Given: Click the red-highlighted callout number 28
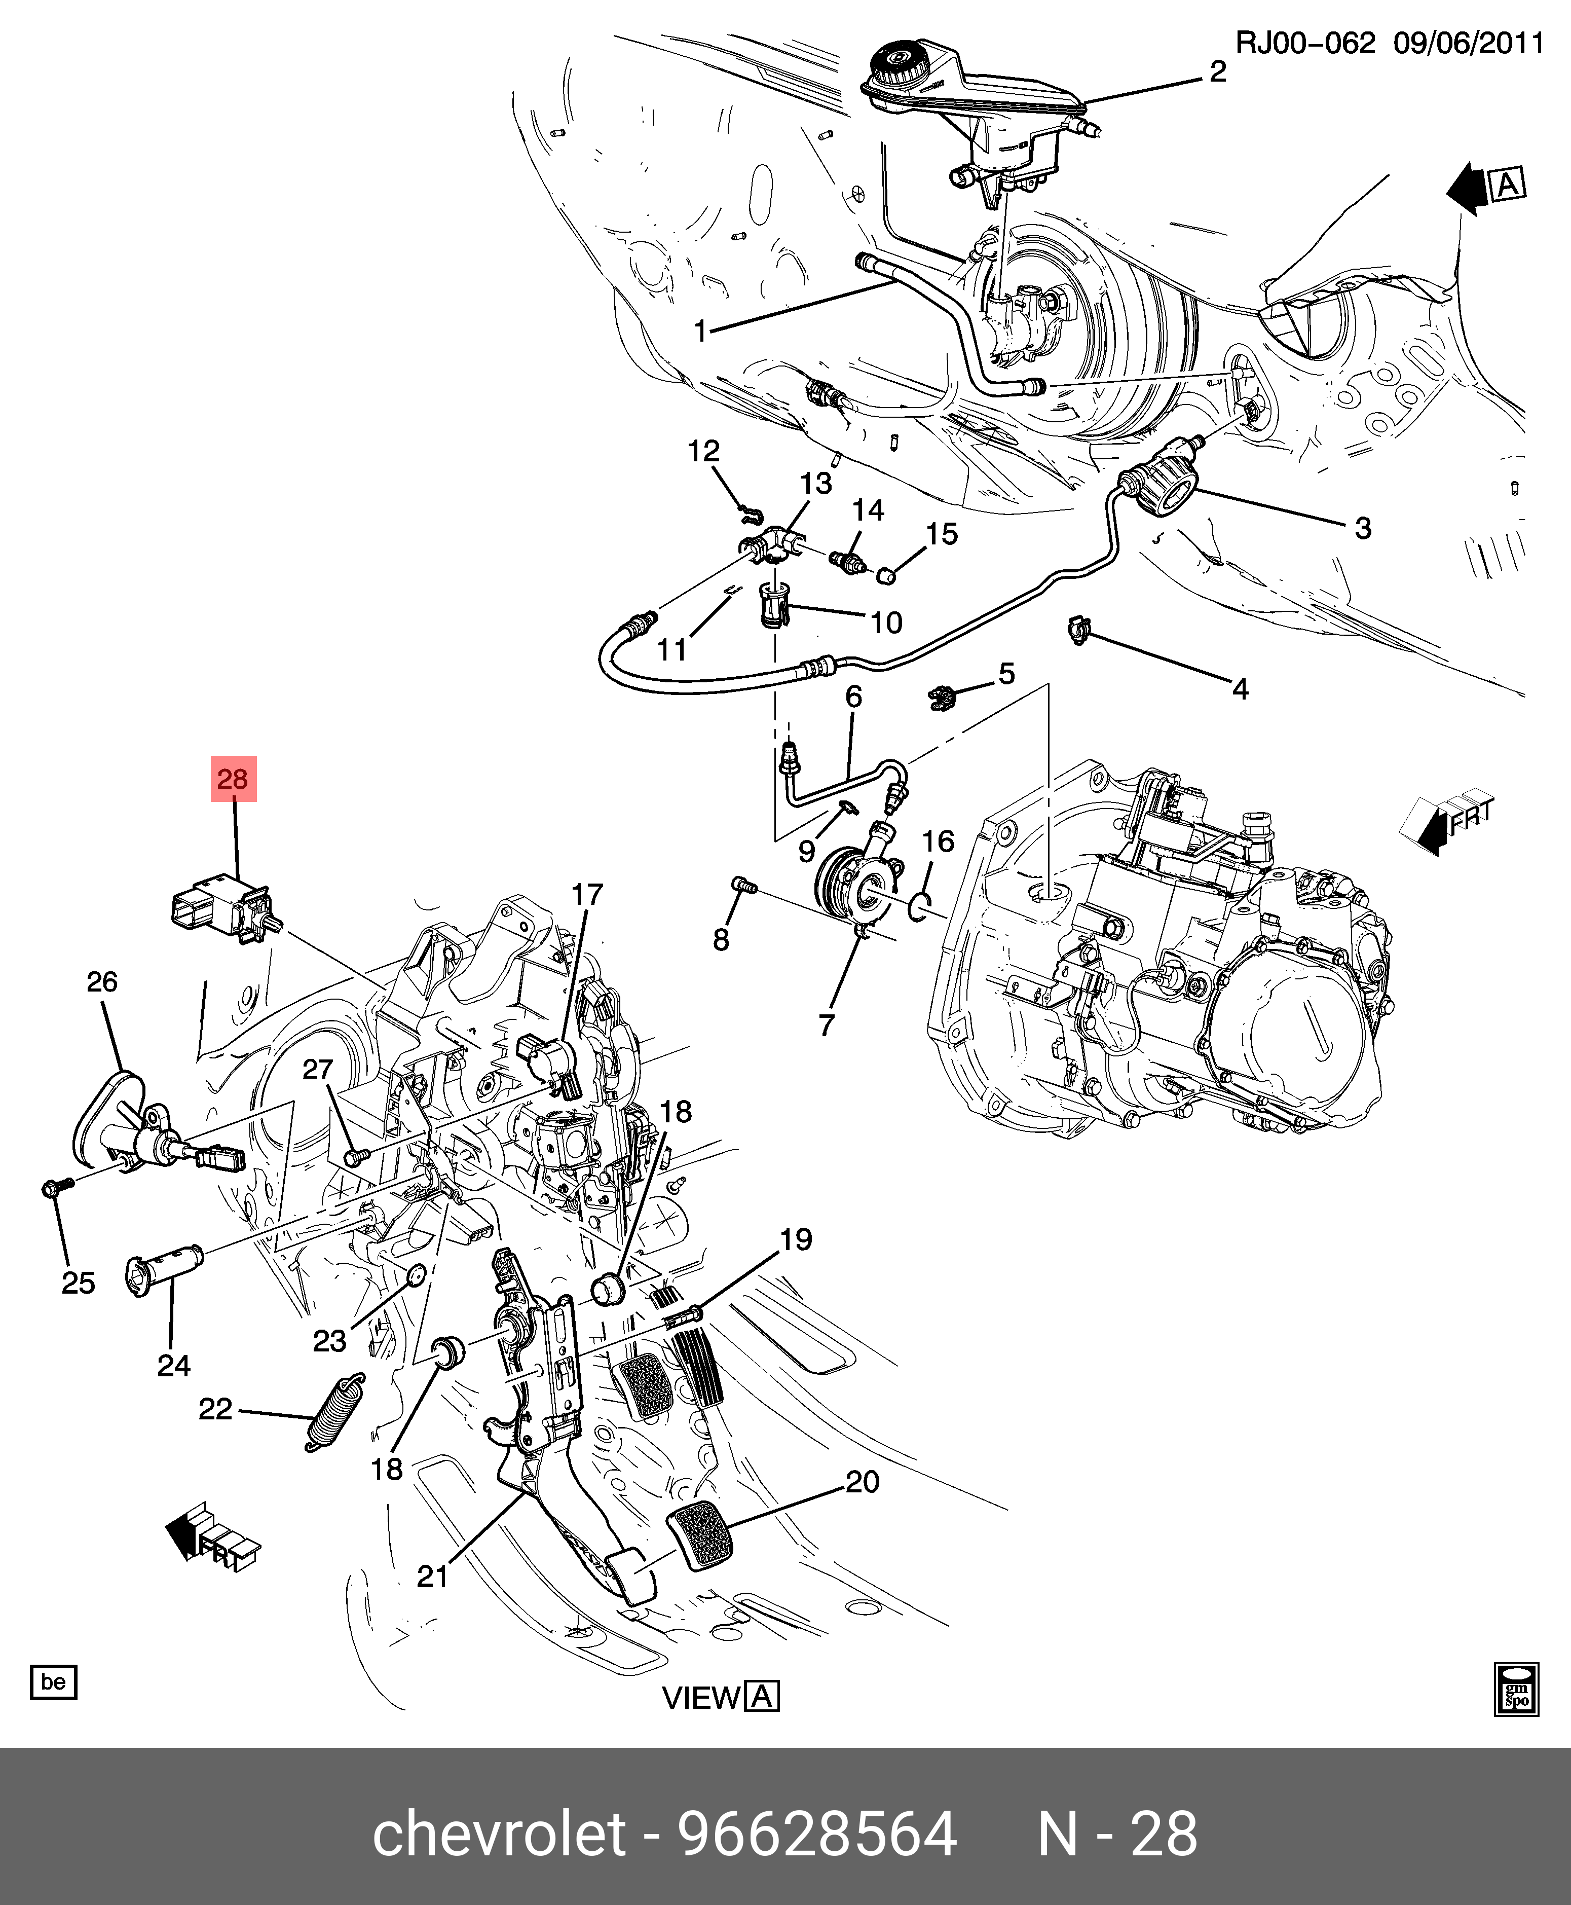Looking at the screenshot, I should (x=234, y=778).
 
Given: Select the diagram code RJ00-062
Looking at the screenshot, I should (x=1305, y=44).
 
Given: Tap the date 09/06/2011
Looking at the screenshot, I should (x=1467, y=44).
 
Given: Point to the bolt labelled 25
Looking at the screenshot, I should (x=53, y=1186).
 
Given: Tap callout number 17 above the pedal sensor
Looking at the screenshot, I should (x=586, y=894).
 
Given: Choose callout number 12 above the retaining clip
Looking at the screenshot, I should (x=703, y=451).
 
